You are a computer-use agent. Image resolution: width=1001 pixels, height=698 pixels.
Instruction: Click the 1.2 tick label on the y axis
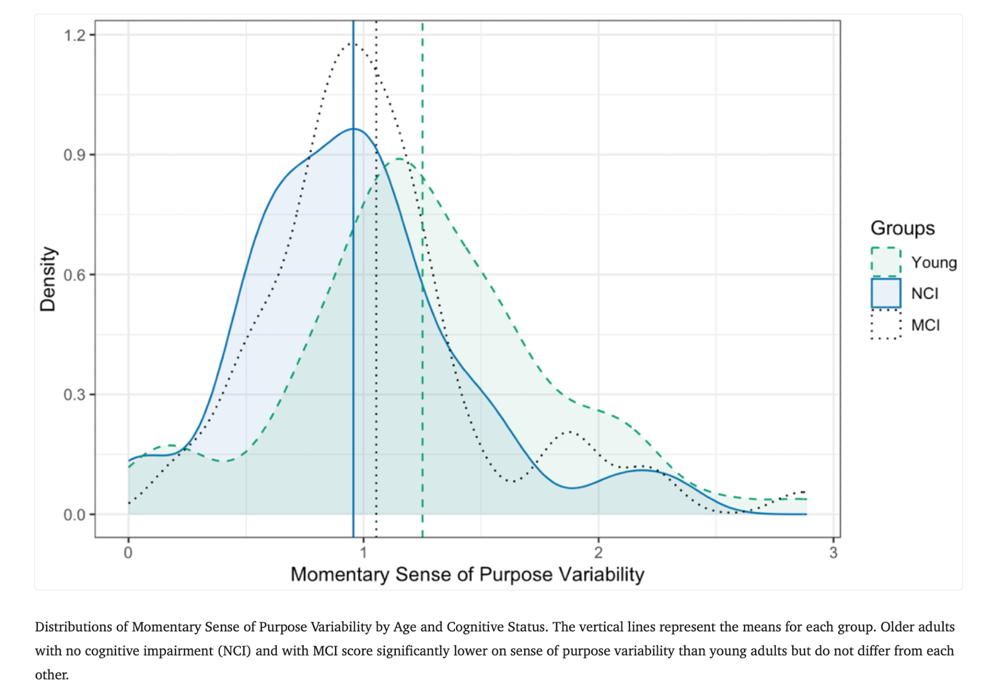pyautogui.click(x=74, y=36)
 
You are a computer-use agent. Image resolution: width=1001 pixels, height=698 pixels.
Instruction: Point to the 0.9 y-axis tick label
pyautogui.click(x=74, y=155)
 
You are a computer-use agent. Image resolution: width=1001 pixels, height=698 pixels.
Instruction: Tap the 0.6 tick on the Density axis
pyautogui.click(x=74, y=275)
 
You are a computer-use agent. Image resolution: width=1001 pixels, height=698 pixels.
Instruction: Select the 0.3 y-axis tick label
pyautogui.click(x=74, y=395)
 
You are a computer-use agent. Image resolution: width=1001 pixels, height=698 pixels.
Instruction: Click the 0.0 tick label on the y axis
pyautogui.click(x=74, y=515)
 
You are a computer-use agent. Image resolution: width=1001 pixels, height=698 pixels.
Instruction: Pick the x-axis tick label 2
pyautogui.click(x=598, y=553)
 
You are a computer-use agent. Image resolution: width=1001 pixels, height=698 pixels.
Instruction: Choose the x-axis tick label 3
pyautogui.click(x=833, y=553)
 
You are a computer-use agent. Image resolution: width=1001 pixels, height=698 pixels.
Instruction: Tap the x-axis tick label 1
pyautogui.click(x=363, y=553)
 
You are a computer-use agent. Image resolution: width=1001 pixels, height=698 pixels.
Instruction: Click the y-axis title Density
pyautogui.click(x=48, y=279)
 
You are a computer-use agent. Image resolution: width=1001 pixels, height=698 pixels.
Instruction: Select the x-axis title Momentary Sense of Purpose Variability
pyautogui.click(x=467, y=574)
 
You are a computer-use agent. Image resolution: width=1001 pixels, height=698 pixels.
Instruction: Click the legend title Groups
pyautogui.click(x=902, y=228)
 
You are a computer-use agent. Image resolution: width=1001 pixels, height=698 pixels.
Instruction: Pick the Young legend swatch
pyautogui.click(x=886, y=262)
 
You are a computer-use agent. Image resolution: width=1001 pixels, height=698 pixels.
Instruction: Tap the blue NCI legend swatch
pyautogui.click(x=886, y=293)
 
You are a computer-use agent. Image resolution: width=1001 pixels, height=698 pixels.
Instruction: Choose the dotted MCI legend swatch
pyautogui.click(x=886, y=325)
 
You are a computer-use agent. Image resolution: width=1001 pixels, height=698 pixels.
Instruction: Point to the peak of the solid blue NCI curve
pyautogui.click(x=353, y=129)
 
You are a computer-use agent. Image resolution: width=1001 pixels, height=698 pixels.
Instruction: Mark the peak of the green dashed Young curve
pyautogui.click(x=399, y=159)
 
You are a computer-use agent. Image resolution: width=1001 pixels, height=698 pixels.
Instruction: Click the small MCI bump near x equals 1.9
pyautogui.click(x=570, y=432)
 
